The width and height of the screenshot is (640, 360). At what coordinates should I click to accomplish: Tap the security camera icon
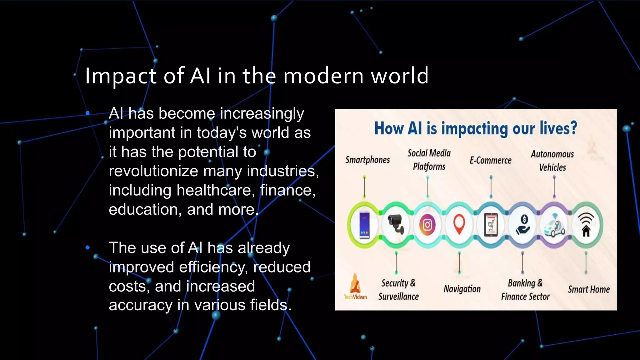pyautogui.click(x=396, y=224)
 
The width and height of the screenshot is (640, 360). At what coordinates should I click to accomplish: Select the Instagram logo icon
pyautogui.click(x=427, y=225)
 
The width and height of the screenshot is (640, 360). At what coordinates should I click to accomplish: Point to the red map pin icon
pyautogui.click(x=459, y=224)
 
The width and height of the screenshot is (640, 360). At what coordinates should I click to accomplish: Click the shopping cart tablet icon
pyautogui.click(x=491, y=225)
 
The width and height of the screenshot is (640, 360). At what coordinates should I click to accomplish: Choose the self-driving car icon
pyautogui.click(x=554, y=226)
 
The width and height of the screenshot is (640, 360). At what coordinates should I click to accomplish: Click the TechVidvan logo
pyautogui.click(x=355, y=287)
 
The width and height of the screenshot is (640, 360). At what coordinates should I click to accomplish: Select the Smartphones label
pyautogui.click(x=367, y=160)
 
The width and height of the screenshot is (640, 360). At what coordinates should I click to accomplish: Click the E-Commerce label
pyautogui.click(x=491, y=160)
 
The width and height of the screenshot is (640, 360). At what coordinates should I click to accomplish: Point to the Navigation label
pyautogui.click(x=462, y=289)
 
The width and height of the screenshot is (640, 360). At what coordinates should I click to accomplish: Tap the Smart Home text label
pyautogui.click(x=589, y=289)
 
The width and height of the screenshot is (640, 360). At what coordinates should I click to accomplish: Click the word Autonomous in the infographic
pyautogui.click(x=552, y=154)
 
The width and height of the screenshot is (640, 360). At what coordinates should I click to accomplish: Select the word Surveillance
pyautogui.click(x=398, y=296)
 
